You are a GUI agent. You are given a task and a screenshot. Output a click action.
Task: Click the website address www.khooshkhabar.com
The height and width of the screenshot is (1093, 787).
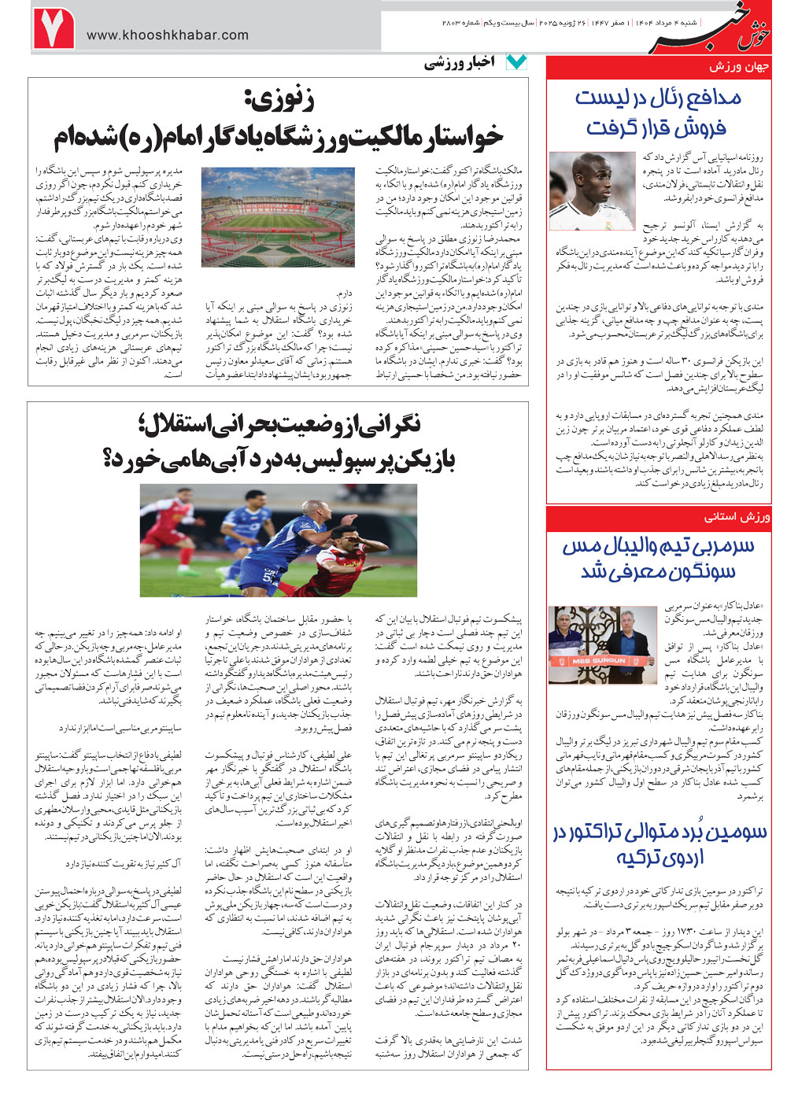(x=167, y=35)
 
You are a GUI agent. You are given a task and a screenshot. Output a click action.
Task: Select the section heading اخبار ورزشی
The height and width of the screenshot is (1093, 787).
(x=460, y=63)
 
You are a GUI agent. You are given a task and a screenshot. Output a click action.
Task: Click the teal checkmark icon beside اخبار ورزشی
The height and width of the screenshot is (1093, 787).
(x=516, y=62)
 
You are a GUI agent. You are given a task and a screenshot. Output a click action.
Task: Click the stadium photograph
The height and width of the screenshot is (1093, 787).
(x=278, y=216)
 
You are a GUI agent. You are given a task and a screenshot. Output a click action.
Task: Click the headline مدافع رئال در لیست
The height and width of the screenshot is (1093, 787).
(x=657, y=98)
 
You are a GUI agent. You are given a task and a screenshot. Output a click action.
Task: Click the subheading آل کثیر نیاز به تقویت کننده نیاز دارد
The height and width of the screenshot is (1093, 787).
(x=123, y=864)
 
